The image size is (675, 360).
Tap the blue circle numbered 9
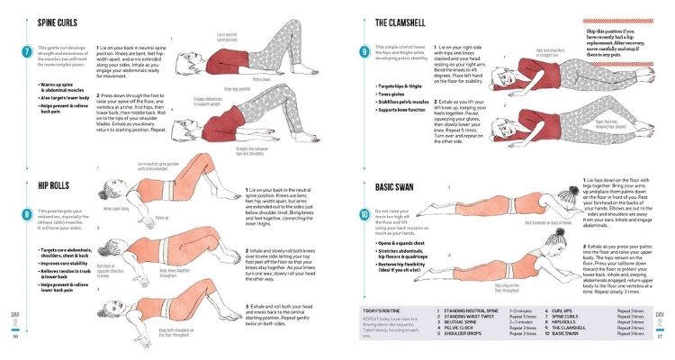coord(364,52)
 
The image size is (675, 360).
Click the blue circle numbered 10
coord(364,215)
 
